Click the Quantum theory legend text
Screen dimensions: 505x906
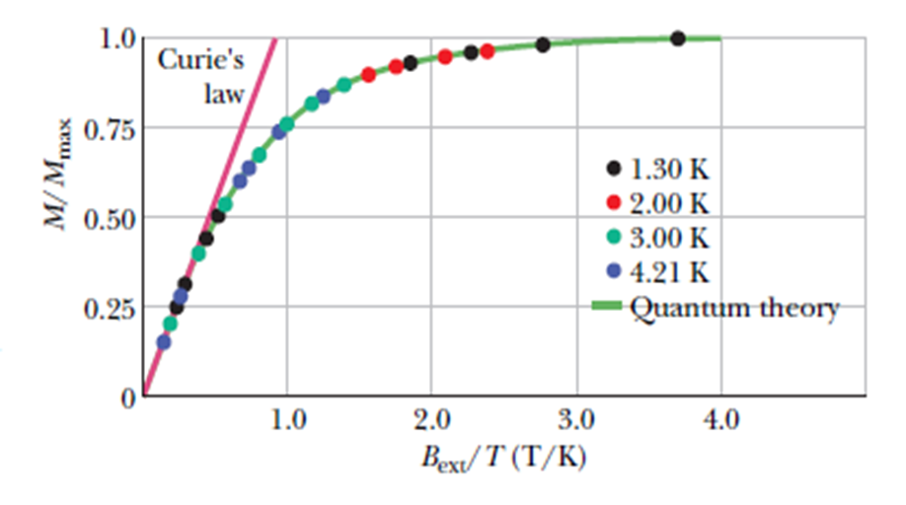click(x=734, y=308)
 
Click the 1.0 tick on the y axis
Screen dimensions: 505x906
click(x=115, y=40)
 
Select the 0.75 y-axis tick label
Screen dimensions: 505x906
click(x=108, y=129)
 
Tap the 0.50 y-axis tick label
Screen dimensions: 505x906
click(x=108, y=218)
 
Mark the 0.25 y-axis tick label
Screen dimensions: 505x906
click(x=108, y=308)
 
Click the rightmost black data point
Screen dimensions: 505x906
click(x=677, y=38)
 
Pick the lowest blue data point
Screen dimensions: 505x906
click(x=164, y=342)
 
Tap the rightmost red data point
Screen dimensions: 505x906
click(x=487, y=51)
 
